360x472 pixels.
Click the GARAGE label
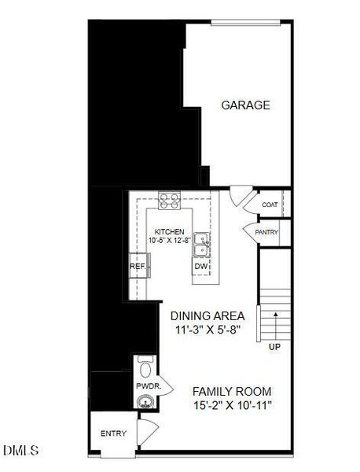coord(245,105)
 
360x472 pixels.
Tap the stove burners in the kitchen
coord(169,201)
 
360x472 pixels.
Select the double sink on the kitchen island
coord(202,244)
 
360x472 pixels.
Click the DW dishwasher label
coord(201,267)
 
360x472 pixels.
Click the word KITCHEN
coord(169,232)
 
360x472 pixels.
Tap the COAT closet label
coord(270,205)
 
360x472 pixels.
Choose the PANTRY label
coord(266,232)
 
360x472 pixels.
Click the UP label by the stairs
coord(274,347)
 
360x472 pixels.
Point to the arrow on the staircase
coord(275,323)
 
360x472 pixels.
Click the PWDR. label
coord(148,386)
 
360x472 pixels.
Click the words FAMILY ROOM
coord(232,391)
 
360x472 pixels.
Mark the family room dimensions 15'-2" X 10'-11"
coord(231,406)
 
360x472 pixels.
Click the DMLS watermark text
coord(20,451)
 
